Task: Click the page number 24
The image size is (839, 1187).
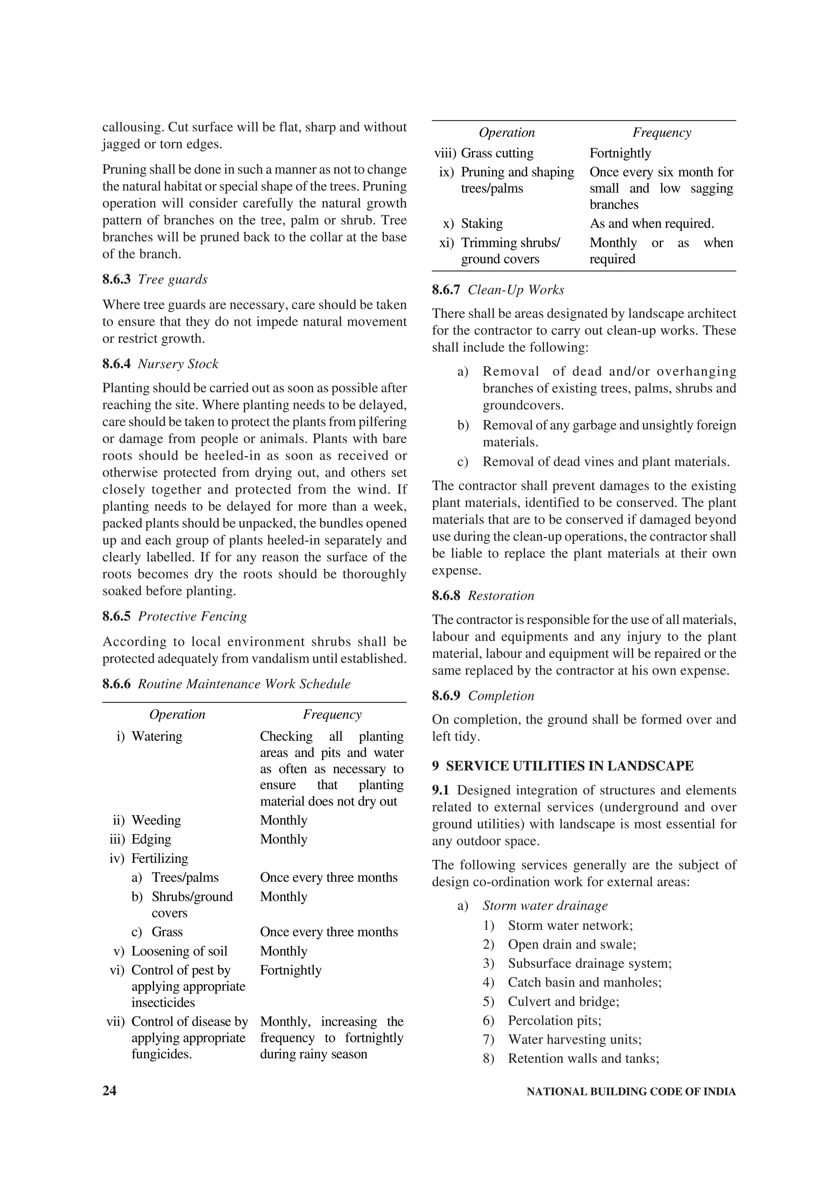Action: (x=110, y=1090)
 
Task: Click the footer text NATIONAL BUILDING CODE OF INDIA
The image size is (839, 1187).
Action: (x=630, y=1091)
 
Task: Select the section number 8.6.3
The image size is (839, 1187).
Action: (x=116, y=280)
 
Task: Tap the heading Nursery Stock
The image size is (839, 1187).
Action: (x=178, y=364)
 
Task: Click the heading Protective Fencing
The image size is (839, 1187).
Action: (x=192, y=616)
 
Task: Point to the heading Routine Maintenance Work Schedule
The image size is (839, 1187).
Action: (x=244, y=684)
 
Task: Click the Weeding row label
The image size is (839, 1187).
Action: (x=156, y=820)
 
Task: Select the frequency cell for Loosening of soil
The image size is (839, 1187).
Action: (x=283, y=951)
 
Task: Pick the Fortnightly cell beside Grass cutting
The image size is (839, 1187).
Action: (x=620, y=153)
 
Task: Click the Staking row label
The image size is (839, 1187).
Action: (x=481, y=223)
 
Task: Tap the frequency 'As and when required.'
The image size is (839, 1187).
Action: (x=651, y=223)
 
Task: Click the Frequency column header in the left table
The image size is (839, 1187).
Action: (x=332, y=714)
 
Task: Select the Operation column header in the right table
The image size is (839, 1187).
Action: (x=507, y=132)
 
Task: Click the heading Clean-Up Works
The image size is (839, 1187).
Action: (x=515, y=290)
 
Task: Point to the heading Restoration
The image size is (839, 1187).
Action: (x=501, y=596)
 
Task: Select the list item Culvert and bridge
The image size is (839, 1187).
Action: (x=563, y=1001)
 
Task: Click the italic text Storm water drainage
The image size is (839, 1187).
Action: (x=545, y=905)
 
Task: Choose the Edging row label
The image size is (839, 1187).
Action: (x=151, y=839)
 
